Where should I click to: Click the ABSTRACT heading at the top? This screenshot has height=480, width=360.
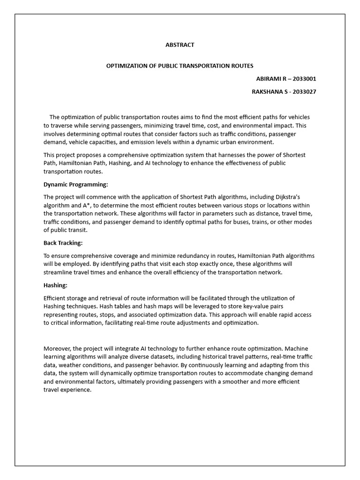[x=180, y=45]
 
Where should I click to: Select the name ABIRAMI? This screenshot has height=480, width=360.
[x=269, y=79]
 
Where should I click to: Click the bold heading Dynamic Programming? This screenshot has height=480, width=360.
[x=75, y=184]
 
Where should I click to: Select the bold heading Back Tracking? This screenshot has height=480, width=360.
[x=63, y=243]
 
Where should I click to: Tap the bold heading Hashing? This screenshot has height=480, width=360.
[x=55, y=285]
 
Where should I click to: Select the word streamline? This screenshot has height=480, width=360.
[x=59, y=272]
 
